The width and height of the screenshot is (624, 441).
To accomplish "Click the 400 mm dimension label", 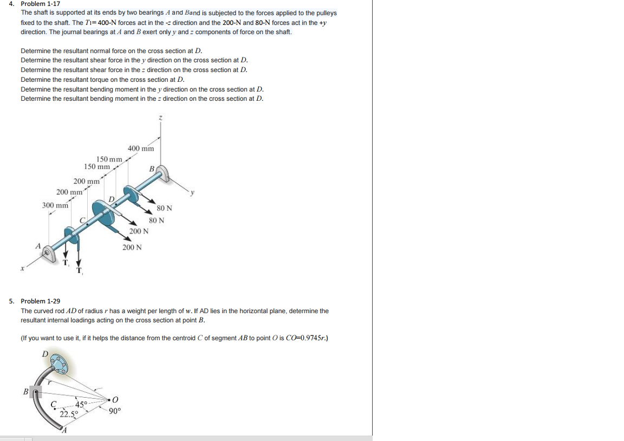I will (x=141, y=148).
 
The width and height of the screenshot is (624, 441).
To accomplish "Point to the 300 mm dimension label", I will (x=55, y=205).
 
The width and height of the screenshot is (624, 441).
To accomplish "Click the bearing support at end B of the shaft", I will (x=163, y=174).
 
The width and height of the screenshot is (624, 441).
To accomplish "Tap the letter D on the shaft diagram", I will (x=112, y=199).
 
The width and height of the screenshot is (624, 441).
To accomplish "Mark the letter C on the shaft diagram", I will (x=82, y=219).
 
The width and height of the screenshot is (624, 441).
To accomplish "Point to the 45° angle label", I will (x=81, y=405).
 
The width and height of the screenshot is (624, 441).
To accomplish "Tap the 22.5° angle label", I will (x=69, y=414).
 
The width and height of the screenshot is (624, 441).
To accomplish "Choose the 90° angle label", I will (x=114, y=411).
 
